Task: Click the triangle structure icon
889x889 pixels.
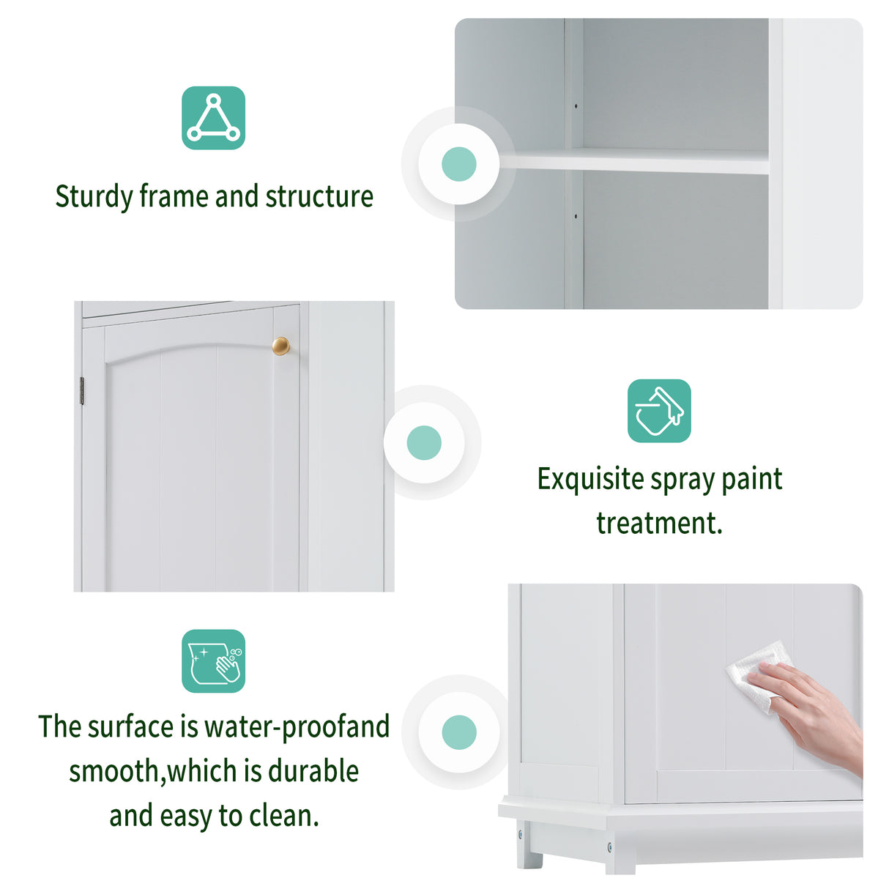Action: [213, 118]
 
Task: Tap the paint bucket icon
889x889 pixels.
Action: [659, 411]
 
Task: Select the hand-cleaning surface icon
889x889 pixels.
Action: [213, 661]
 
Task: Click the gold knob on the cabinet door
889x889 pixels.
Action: [281, 346]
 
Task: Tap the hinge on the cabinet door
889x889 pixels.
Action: [81, 391]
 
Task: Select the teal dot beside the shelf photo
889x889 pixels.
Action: [459, 164]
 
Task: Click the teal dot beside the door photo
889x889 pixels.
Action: [424, 443]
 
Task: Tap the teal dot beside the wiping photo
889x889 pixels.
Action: [459, 732]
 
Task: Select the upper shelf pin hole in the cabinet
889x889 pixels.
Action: [576, 107]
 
